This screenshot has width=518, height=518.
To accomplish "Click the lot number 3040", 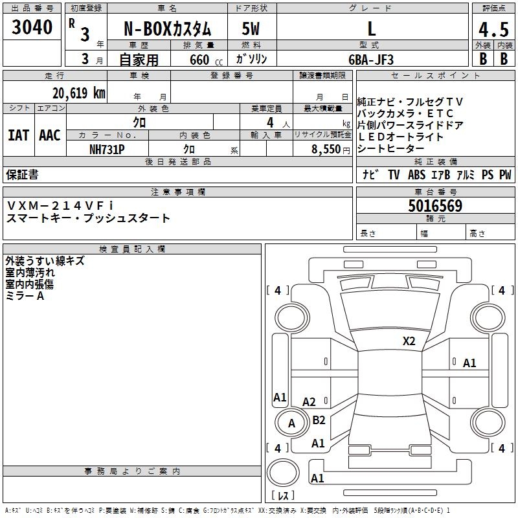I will [x=32, y=28].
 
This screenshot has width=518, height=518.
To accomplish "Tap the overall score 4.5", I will [x=493, y=30].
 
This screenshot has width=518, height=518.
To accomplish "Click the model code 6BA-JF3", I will [x=371, y=59].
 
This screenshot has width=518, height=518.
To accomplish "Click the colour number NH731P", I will [x=107, y=148].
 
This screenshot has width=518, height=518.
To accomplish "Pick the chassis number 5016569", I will [x=435, y=207].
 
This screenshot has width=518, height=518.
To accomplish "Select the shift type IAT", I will [x=18, y=135].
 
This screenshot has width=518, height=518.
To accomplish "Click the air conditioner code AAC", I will [x=50, y=135].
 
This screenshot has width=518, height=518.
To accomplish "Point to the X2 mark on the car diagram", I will [x=409, y=341].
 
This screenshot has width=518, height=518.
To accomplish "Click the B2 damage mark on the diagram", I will [x=319, y=420].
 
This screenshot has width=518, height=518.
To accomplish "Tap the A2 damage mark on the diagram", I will [x=309, y=402].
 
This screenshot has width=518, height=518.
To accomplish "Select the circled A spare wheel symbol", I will [x=291, y=423].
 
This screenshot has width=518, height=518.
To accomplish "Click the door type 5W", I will [x=251, y=29].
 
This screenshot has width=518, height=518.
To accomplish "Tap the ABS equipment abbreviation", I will [x=416, y=175].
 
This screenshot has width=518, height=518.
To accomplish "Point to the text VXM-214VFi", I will [x=60, y=205].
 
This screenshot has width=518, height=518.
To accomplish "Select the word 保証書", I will [x=22, y=175].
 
